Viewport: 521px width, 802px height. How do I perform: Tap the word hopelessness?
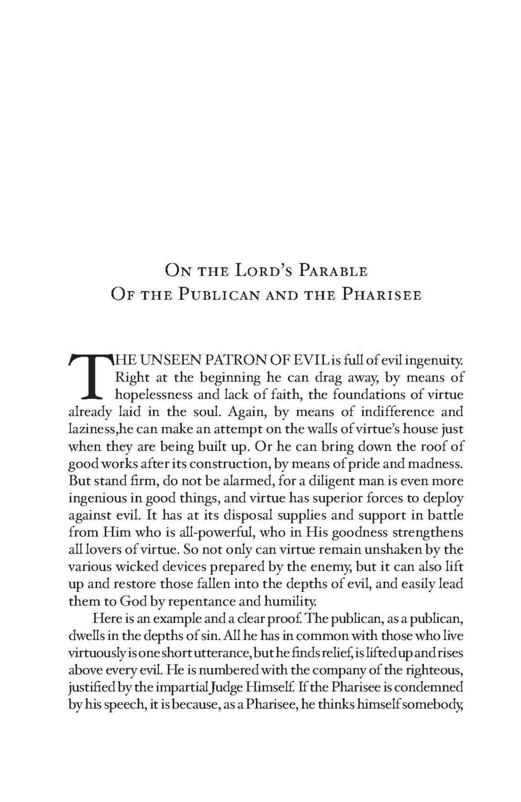coord(152,395)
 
